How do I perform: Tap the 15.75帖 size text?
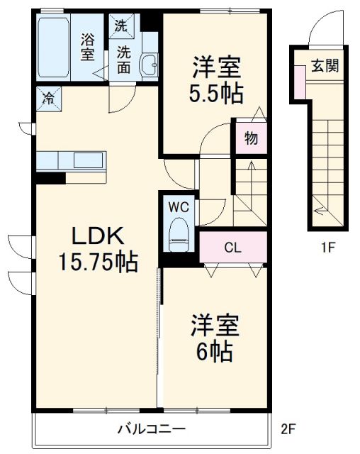click(98, 262)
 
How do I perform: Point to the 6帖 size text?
click(213, 349)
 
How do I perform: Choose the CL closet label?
click(232, 248)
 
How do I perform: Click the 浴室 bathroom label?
click(87, 46)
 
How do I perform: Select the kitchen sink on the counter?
click(88, 160)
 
